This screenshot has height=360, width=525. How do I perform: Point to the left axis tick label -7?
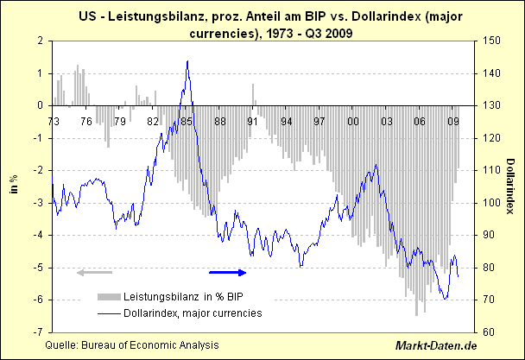[38, 332]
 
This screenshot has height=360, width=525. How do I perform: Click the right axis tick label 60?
[489, 332]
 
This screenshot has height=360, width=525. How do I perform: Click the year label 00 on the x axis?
[353, 122]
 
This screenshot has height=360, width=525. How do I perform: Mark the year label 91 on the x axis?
[253, 122]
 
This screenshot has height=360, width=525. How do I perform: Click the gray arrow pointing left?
[91, 273]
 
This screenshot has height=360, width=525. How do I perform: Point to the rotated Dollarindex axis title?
[511, 186]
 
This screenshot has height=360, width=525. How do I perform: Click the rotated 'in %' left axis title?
[14, 186]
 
